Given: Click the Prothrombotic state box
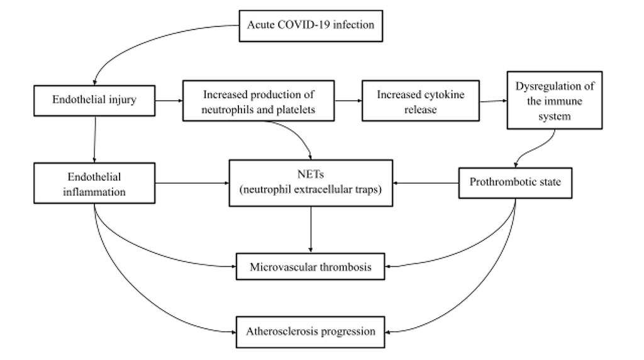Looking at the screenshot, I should pyautogui.click(x=515, y=183).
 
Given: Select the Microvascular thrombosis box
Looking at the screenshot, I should pyautogui.click(x=310, y=267).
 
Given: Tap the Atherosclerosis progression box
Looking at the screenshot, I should pyautogui.click(x=310, y=332).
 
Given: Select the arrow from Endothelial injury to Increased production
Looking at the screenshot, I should pyautogui.click(x=169, y=101).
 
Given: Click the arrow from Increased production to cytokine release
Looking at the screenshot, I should pyautogui.click(x=347, y=101).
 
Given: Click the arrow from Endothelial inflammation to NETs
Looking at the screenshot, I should pyautogui.click(x=191, y=184).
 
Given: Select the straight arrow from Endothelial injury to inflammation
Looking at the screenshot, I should pyautogui.click(x=94, y=139).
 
